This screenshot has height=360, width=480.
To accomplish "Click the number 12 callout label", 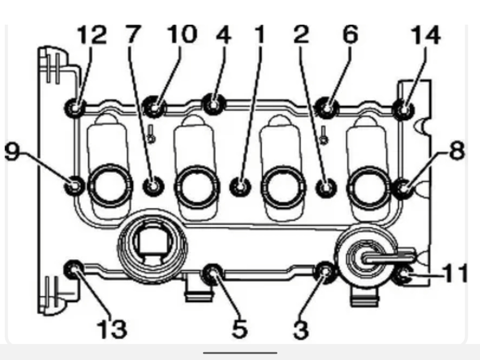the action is (x=92, y=35).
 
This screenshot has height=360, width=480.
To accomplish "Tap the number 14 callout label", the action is (x=426, y=35).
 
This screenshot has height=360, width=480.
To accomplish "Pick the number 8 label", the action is (x=457, y=150).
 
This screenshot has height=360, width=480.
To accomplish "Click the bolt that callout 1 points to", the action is (x=240, y=187).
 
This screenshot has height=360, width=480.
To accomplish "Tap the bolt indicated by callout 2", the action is (x=326, y=187).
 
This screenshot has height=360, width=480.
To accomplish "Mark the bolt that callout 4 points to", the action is (x=214, y=104).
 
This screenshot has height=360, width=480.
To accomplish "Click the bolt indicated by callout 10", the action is (x=154, y=107).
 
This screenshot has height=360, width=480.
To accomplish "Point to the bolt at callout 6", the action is (x=327, y=108).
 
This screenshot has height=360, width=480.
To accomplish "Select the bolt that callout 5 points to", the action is (x=213, y=274).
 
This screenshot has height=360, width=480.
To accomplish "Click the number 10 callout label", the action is (x=182, y=35).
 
